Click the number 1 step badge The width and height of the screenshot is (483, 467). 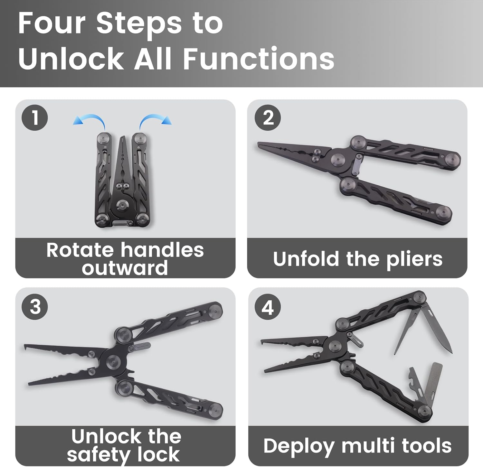coord(35,117)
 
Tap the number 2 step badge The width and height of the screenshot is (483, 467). coord(268,117)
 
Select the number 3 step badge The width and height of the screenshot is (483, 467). coord(35,306)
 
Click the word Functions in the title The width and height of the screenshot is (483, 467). coord(259,59)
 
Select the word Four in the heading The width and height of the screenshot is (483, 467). coord(52,23)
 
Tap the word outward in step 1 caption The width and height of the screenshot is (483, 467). coord(125,268)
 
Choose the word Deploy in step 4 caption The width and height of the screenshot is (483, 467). coord(299,446)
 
